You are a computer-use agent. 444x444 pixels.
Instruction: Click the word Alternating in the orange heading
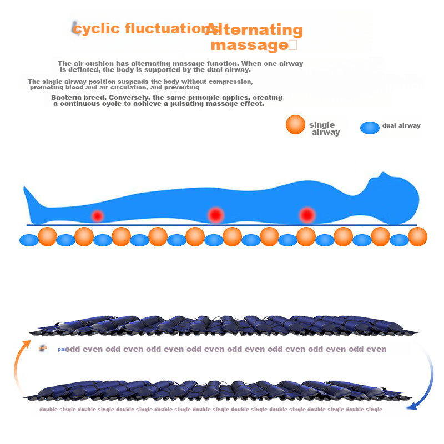(x=254, y=29)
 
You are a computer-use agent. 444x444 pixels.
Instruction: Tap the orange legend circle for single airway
(x=295, y=125)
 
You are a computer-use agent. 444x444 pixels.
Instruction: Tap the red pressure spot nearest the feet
(x=98, y=215)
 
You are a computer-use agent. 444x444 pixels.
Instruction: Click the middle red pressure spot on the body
(x=215, y=214)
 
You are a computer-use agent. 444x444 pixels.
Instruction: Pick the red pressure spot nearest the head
(x=306, y=214)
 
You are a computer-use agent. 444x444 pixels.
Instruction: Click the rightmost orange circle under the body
(x=417, y=236)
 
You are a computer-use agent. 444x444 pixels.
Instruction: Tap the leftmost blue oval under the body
(x=28, y=240)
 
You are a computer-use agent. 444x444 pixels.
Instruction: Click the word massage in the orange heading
(x=248, y=45)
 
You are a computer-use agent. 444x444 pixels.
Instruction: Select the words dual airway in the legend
(x=401, y=125)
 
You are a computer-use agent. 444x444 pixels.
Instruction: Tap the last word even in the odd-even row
(x=376, y=349)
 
